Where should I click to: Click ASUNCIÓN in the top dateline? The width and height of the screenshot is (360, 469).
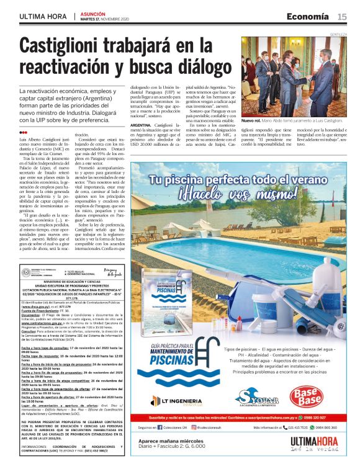[93, 12]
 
